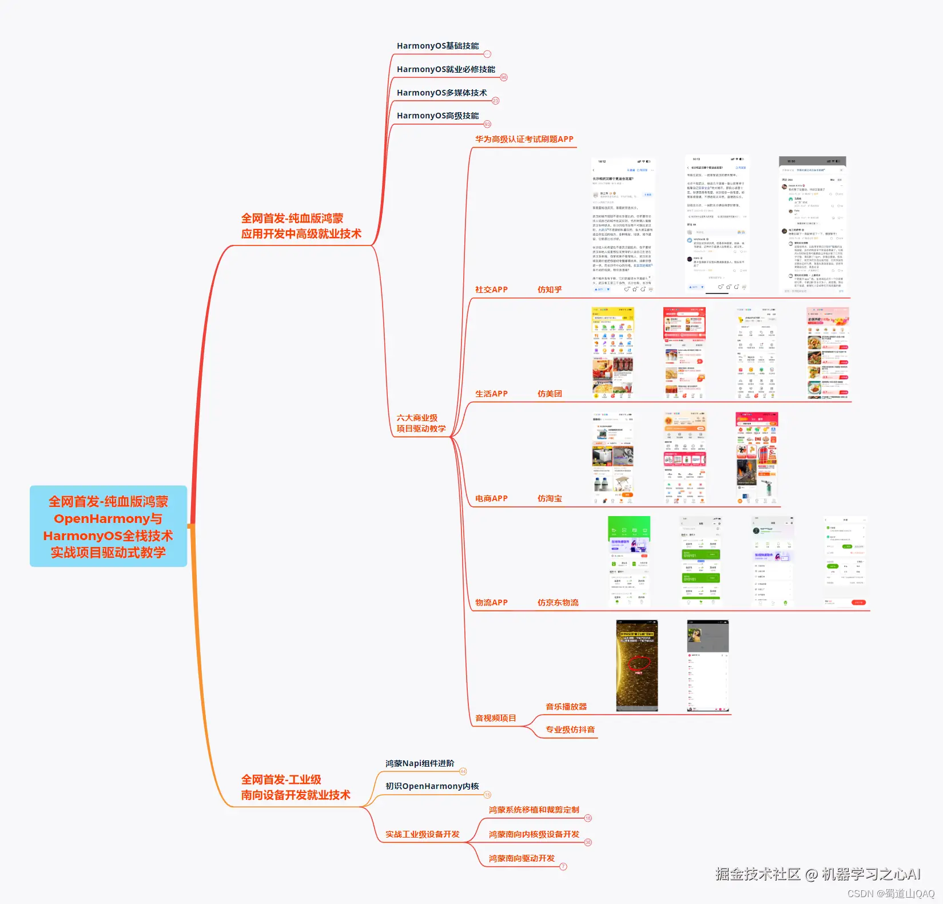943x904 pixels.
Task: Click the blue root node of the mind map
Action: (x=108, y=526)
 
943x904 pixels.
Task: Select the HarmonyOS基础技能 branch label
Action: (x=437, y=46)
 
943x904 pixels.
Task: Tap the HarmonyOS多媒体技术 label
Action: (x=441, y=93)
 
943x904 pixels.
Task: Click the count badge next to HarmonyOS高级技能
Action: (x=487, y=124)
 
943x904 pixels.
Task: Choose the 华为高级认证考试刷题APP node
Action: (x=524, y=139)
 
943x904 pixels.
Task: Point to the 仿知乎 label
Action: (x=549, y=290)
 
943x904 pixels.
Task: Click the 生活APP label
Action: (x=491, y=394)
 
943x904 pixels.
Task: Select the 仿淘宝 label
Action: (x=549, y=498)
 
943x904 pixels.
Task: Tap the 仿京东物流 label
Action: (x=558, y=602)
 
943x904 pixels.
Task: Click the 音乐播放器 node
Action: (x=566, y=707)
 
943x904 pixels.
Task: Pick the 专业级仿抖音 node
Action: (x=570, y=729)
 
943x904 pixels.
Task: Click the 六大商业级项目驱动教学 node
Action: (x=421, y=423)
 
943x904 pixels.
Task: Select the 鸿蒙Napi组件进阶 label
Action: (x=420, y=763)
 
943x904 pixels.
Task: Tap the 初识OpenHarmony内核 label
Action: (x=432, y=786)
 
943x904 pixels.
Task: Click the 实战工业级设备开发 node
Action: (x=422, y=834)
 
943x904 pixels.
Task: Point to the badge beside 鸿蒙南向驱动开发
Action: (x=563, y=866)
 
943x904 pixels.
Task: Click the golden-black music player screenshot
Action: (x=636, y=665)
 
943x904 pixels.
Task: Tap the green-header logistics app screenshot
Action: (x=628, y=561)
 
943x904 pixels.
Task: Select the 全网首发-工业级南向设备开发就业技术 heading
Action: (x=295, y=787)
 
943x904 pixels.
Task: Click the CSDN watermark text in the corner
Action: (x=890, y=894)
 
